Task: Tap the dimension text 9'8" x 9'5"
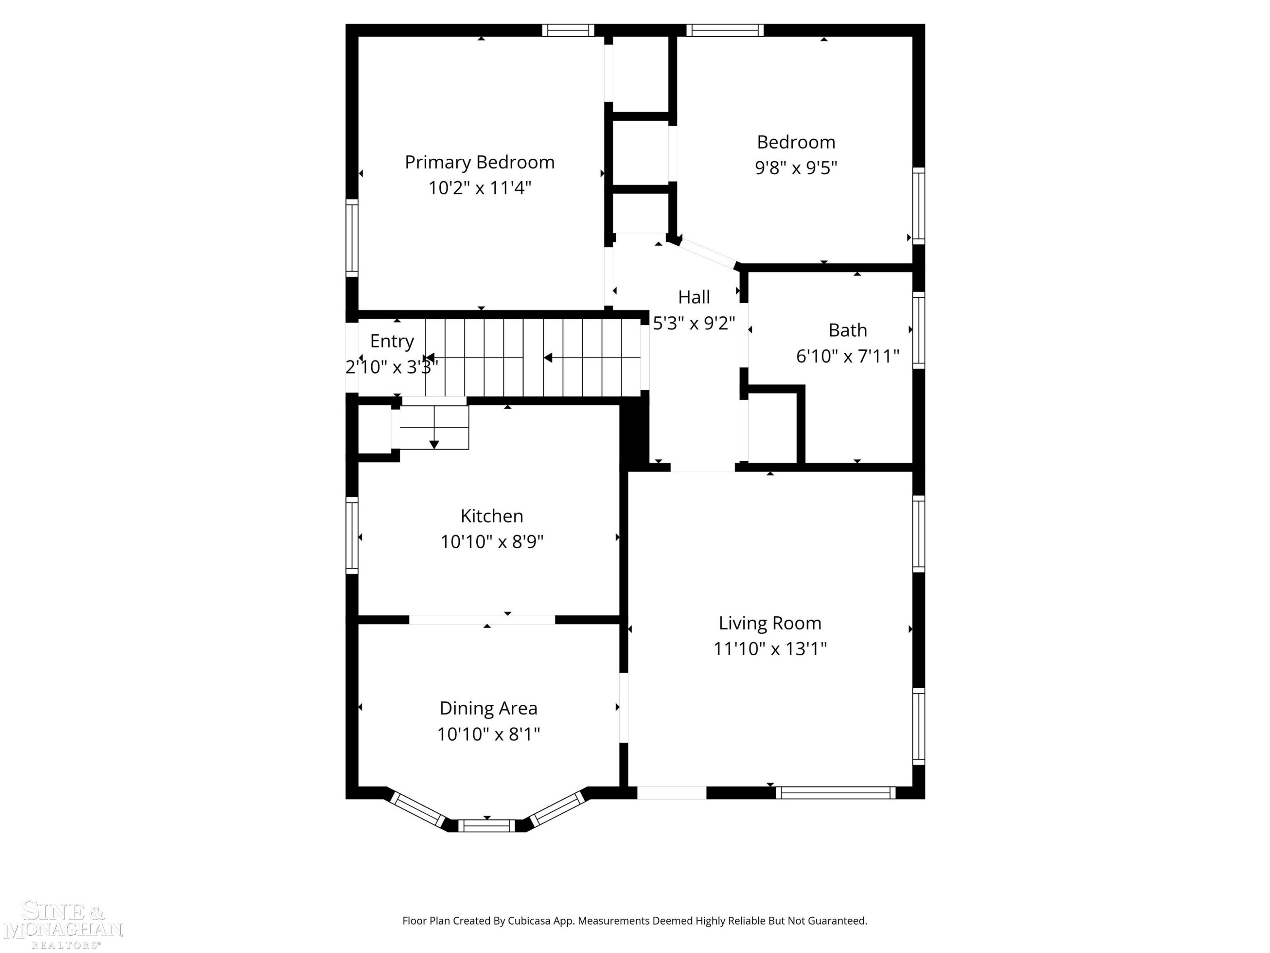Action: coord(796,168)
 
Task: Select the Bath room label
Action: coord(848,330)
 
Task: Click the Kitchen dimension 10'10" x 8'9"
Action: coord(491,542)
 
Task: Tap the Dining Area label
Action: coord(488,708)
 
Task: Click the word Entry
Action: coord(392,341)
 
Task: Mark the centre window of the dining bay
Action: coord(486,826)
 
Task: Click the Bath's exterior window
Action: coord(919,330)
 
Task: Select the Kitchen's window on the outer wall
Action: coord(352,535)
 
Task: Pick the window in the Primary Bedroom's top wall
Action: coord(569,30)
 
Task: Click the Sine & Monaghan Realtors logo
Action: coord(63,925)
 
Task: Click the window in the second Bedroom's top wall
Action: coord(725,30)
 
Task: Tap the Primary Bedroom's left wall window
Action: coord(352,238)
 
